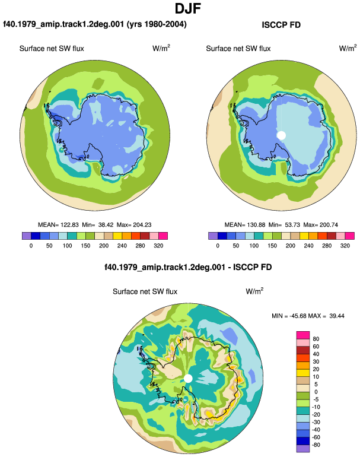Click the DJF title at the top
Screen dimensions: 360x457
[x=188, y=9]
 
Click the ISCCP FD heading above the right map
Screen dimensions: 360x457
[x=281, y=25]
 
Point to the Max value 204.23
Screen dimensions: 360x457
[x=142, y=225]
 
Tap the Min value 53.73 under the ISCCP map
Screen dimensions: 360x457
[x=292, y=225]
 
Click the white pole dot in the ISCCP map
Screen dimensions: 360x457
[x=281, y=135]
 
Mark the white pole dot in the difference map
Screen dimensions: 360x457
[x=188, y=379]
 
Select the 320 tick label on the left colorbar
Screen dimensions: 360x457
[x=158, y=246]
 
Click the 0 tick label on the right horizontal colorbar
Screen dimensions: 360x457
[x=218, y=246]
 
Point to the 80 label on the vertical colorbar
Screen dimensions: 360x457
[x=316, y=339]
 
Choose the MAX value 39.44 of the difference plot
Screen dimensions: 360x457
[x=337, y=316]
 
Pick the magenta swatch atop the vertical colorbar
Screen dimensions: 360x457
[x=303, y=335]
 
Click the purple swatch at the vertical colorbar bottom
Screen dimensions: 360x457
[x=303, y=449]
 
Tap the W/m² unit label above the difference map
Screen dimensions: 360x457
[x=255, y=291]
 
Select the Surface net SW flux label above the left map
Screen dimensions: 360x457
[x=52, y=49]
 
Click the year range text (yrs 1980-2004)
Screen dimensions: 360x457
[x=157, y=24]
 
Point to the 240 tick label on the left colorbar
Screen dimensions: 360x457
[x=122, y=246]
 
